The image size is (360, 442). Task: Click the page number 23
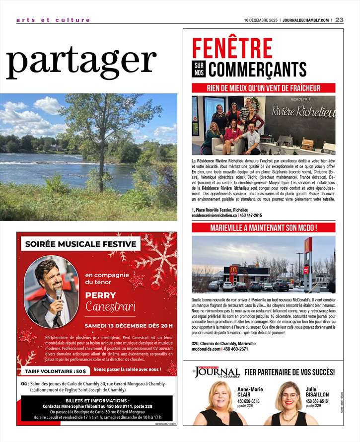(340, 20)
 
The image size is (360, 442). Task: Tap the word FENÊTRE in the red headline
(232, 49)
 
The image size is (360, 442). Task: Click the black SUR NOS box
(198, 69)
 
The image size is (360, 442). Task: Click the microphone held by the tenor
(59, 295)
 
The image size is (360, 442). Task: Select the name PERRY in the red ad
(100, 295)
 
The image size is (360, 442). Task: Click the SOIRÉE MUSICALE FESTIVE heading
(80, 244)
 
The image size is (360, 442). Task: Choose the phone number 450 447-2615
(251, 216)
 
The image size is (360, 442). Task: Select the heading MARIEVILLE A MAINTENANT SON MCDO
(263, 228)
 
